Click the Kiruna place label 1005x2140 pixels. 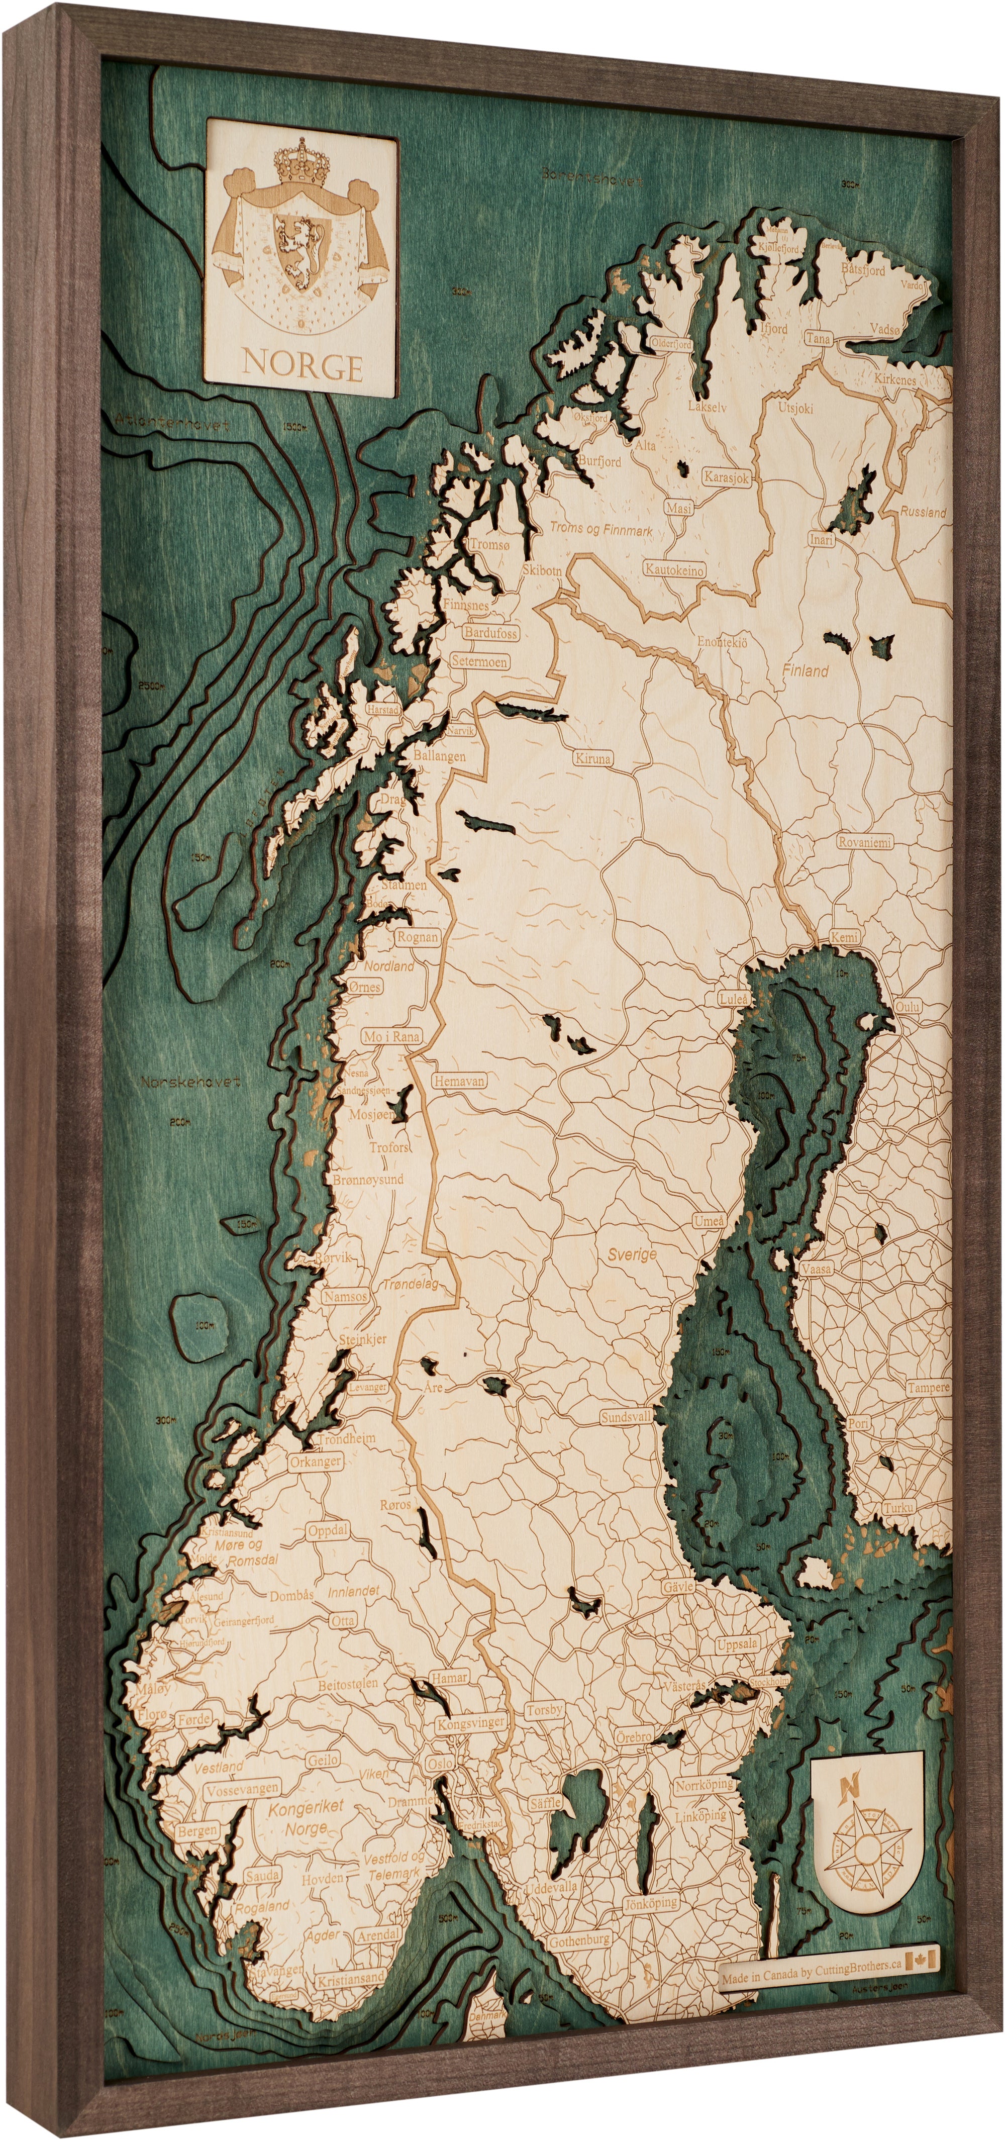click(592, 758)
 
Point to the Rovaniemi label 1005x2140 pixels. click(864, 841)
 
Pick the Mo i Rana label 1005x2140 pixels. click(392, 1037)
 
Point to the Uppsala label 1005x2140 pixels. click(738, 1643)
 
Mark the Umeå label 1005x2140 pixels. click(709, 1221)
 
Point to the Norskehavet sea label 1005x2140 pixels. click(190, 1083)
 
